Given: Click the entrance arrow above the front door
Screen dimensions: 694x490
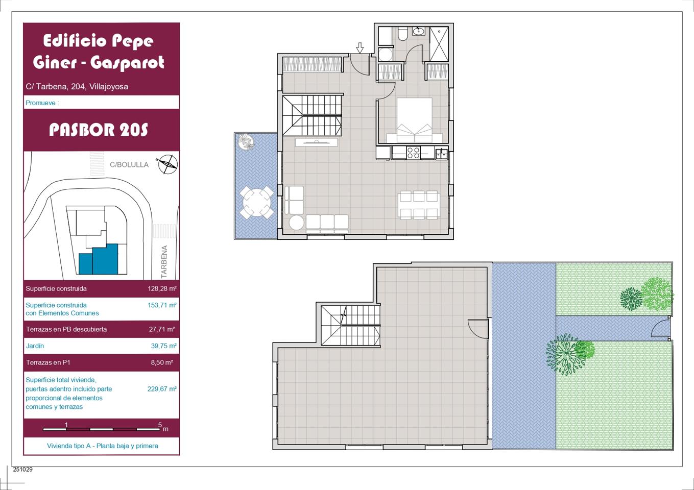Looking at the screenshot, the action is tap(360, 48).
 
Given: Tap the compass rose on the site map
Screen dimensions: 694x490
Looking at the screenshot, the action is tap(168, 164).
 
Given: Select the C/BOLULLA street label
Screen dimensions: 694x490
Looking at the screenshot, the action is tap(129, 165).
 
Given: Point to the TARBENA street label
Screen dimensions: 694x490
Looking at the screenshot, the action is tap(164, 262).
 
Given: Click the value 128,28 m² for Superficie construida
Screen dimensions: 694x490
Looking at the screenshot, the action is tap(162, 289).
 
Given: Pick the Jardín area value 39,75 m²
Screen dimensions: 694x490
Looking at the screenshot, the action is tap(163, 346).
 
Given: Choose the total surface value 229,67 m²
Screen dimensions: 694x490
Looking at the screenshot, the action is tap(162, 389).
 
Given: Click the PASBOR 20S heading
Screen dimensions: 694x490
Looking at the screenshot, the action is tap(99, 130).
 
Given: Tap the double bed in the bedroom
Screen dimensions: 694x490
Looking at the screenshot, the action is tap(415, 120).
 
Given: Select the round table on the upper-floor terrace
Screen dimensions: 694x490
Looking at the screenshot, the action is tap(256, 203).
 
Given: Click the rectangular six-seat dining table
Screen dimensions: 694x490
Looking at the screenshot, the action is tap(419, 205).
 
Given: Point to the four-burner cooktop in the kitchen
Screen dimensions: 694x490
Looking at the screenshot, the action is tap(413, 153).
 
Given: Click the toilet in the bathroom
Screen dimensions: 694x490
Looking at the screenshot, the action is tap(403, 34).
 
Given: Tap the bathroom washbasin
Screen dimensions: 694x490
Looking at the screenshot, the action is tap(418, 31).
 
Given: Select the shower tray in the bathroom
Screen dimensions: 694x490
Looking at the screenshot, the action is tap(439, 44).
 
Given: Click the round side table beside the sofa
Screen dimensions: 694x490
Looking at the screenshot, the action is tap(297, 223).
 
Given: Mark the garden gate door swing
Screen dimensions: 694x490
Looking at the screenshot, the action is tap(660, 328).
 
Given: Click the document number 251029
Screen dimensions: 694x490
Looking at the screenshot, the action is tap(22, 469).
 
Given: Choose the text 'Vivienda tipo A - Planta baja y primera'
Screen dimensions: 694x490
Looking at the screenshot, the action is tap(103, 446).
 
